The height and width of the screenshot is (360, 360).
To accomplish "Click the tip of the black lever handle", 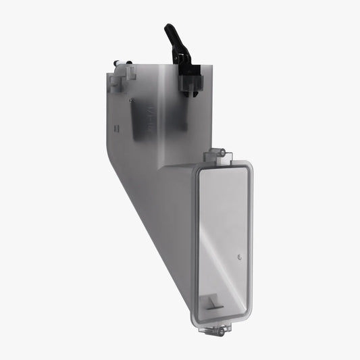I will pos(168,28).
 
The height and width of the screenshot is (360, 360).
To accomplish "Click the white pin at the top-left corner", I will pos(120,63).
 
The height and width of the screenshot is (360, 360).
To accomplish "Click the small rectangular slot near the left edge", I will pos(117,127).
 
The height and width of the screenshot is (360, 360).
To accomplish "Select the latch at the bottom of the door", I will pos(220,330).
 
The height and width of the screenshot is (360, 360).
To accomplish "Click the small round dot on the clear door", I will pos(240,257).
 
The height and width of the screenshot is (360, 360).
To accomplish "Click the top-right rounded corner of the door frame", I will pos(249,170).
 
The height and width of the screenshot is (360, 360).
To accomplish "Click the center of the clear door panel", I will pos(224,243).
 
